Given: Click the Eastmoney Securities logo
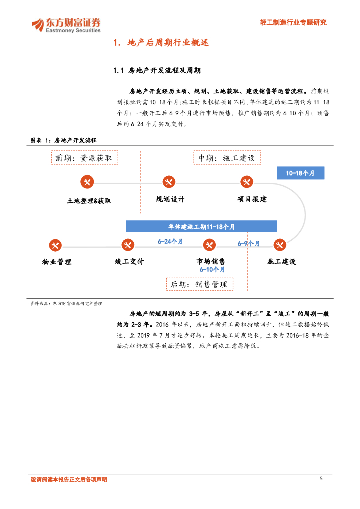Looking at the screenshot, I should [x=66, y=25].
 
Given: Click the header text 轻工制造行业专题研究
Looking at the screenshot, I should [x=293, y=22].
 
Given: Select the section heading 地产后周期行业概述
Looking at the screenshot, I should [x=161, y=43].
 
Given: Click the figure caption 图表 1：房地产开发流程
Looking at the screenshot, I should [x=63, y=141].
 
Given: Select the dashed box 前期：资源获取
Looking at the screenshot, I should [x=85, y=158].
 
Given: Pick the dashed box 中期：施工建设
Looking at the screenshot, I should [x=227, y=158].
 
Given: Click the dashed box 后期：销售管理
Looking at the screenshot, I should [x=199, y=284].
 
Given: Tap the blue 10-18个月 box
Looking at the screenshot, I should [x=300, y=173].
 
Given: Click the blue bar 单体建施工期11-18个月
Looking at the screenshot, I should [x=201, y=226].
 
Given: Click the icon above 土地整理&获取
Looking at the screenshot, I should [x=87, y=182].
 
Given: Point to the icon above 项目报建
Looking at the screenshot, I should [x=246, y=182].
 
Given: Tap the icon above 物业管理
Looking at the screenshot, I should [x=55, y=245].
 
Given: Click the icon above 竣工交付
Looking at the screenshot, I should [x=128, y=245].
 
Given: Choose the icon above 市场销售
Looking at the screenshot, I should [x=209, y=245].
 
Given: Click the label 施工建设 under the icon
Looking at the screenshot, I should [x=281, y=261].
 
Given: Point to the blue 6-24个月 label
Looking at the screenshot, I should [x=170, y=241].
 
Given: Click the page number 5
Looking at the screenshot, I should [x=321, y=479].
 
